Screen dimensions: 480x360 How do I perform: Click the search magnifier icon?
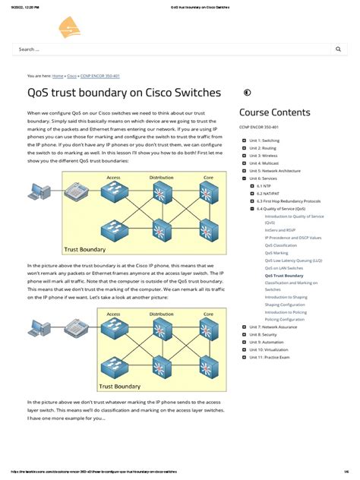[338, 49]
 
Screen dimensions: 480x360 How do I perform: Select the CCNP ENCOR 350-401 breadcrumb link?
[100, 76]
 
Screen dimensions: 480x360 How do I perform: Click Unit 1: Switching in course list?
[264, 141]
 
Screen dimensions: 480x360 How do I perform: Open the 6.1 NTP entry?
[264, 185]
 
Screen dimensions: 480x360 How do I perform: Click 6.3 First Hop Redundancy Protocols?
[288, 201]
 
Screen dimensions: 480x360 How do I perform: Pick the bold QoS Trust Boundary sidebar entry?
[284, 254]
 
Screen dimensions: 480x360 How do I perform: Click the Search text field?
[167, 49]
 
